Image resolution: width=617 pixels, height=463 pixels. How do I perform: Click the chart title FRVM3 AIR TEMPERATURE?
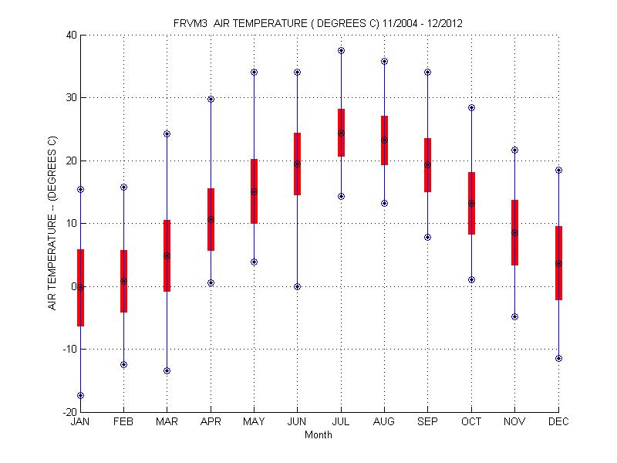pyautogui.click(x=318, y=23)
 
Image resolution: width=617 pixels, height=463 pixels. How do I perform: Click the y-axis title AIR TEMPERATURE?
pyautogui.click(x=52, y=223)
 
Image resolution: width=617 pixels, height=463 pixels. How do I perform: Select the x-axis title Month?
pyautogui.click(x=319, y=434)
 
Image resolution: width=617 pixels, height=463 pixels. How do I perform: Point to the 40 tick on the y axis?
pyautogui.click(x=70, y=35)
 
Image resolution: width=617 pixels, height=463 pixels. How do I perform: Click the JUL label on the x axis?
pyautogui.click(x=341, y=422)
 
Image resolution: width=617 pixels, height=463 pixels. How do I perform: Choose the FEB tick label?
pyautogui.click(x=123, y=422)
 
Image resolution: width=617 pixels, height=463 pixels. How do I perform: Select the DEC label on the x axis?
pyautogui.click(x=558, y=422)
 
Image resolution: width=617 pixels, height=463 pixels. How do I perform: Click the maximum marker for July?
pyautogui.click(x=341, y=50)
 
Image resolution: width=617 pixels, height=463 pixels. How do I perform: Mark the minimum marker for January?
pyautogui.click(x=80, y=395)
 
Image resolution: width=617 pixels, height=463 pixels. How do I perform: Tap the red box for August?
pyautogui.click(x=384, y=140)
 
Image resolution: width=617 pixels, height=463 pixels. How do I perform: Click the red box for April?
pyautogui.click(x=211, y=219)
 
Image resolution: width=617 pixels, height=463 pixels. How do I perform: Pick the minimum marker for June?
pyautogui.click(x=298, y=286)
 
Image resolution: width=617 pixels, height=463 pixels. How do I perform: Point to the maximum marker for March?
pyautogui.click(x=167, y=133)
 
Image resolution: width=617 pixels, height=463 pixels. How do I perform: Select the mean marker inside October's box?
pyautogui.click(x=471, y=204)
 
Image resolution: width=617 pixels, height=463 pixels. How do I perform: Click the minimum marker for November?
pyautogui.click(x=514, y=316)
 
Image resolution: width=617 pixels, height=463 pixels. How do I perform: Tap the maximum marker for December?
pyautogui.click(x=558, y=170)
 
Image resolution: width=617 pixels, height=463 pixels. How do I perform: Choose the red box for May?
pyautogui.click(x=254, y=191)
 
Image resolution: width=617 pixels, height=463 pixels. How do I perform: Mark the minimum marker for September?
pyautogui.click(x=428, y=237)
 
